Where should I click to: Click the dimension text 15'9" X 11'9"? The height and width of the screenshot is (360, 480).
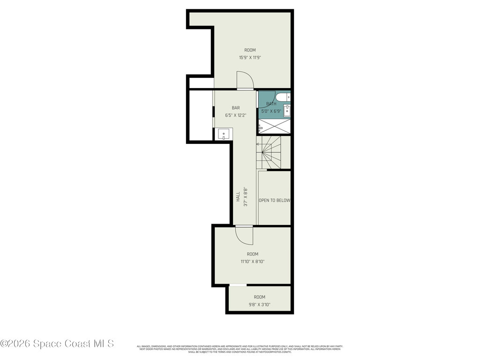point(250,58)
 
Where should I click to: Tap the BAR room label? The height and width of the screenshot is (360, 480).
point(235,108)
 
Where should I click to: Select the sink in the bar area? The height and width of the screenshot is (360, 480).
point(223,134)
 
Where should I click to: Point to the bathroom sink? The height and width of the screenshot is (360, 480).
point(287,111)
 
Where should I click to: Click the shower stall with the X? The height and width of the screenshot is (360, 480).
point(275,126)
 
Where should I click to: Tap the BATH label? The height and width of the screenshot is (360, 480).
point(271,104)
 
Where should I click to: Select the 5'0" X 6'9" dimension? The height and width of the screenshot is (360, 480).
point(274,111)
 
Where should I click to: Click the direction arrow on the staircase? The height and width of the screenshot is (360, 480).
point(258,144)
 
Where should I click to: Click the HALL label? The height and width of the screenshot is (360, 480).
point(238,197)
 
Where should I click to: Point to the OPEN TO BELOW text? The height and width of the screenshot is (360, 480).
point(274,200)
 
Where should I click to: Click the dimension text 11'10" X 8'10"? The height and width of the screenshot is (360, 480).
point(253,262)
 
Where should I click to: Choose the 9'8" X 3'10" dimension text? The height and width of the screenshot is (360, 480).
point(259,304)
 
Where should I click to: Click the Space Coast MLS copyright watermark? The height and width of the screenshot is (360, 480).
point(57,344)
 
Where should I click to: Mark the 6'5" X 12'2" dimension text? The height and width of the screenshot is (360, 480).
point(235,115)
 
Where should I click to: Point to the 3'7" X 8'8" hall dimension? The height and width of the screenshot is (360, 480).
point(245,197)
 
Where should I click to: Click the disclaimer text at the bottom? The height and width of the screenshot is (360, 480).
point(240,349)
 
